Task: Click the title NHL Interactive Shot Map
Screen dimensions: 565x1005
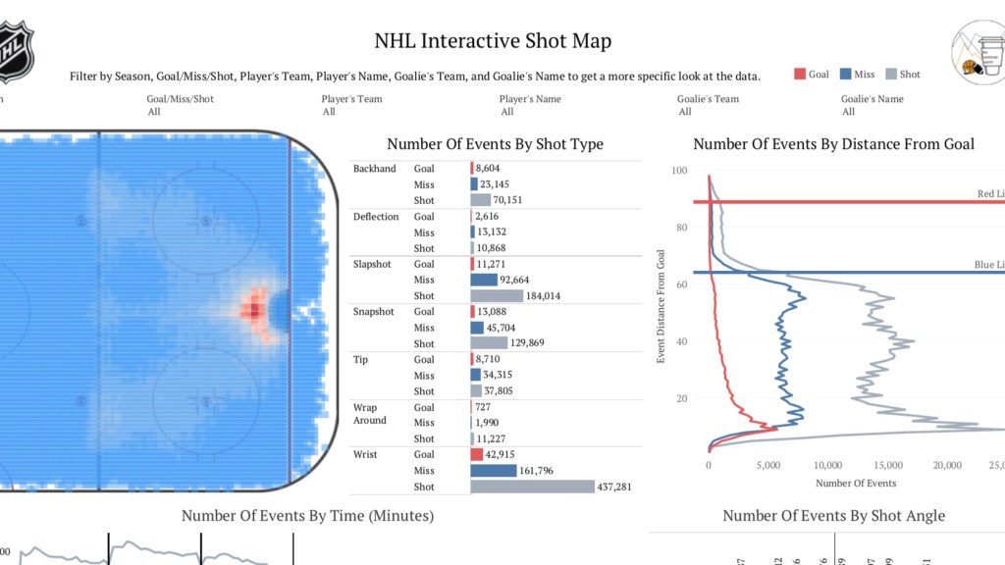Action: [493, 41]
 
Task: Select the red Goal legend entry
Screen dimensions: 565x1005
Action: [812, 75]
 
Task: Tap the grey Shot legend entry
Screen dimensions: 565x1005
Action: [892, 75]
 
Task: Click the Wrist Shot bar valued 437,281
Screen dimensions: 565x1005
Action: [533, 487]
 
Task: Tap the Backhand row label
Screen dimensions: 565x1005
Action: [375, 169]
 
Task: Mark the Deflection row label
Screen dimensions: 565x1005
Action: [376, 217]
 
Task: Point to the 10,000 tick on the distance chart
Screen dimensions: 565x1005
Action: [828, 465]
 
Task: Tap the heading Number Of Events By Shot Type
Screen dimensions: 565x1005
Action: [495, 144]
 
